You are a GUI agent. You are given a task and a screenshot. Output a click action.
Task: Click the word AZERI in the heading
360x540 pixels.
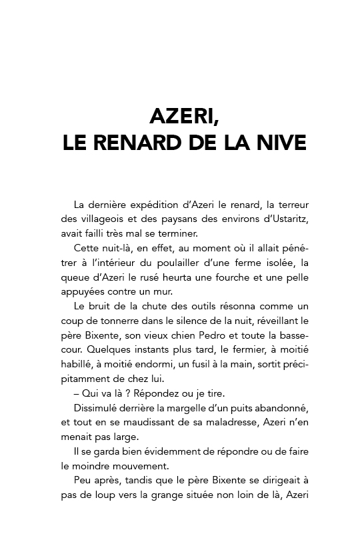coord(181,117)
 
